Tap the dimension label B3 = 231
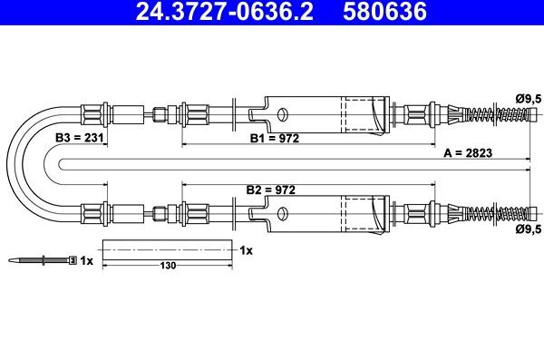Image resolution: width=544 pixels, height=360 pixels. pyautogui.click(x=78, y=138)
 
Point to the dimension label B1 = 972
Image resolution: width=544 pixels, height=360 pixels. pyautogui.click(x=275, y=139)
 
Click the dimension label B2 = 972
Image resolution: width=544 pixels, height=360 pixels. pyautogui.click(x=271, y=190)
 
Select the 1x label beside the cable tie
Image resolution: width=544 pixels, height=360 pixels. pyautogui.click(x=86, y=260)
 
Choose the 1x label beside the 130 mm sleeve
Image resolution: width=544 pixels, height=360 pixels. pyautogui.click(x=246, y=248)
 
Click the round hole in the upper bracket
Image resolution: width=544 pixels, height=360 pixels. pyautogui.click(x=282, y=114)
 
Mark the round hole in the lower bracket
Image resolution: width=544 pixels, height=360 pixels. pyautogui.click(x=282, y=215)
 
